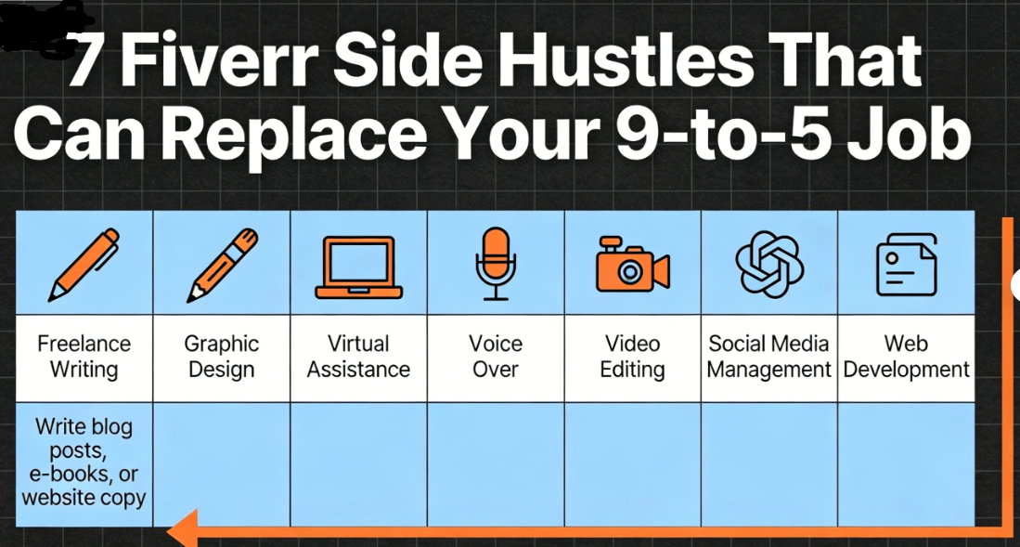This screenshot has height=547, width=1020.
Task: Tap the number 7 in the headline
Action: pyautogui.click(x=86, y=61)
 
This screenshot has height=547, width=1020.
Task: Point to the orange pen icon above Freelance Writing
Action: pyautogui.click(x=84, y=265)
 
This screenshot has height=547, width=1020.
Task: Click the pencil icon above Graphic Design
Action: pyautogui.click(x=222, y=265)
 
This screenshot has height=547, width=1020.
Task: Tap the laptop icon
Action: pyautogui.click(x=358, y=267)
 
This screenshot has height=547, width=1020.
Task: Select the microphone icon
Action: pyautogui.click(x=496, y=263)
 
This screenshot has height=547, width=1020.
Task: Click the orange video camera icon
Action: pyautogui.click(x=632, y=265)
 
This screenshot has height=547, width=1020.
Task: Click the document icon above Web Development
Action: pyautogui.click(x=907, y=265)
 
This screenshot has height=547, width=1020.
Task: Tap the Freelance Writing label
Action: pyautogui.click(x=84, y=357)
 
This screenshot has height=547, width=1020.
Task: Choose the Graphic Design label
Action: pyautogui.click(x=222, y=357)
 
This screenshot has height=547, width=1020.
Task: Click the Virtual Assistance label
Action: pyautogui.click(x=358, y=357)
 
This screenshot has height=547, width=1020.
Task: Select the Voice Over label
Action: pyautogui.click(x=496, y=357)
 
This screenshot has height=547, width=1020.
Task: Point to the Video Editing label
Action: pyautogui.click(x=632, y=357)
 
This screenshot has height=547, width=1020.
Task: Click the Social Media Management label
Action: pyautogui.click(x=769, y=357)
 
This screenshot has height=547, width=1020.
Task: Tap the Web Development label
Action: pyautogui.click(x=907, y=357)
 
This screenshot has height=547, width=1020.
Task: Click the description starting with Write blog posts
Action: pyautogui.click(x=84, y=462)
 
